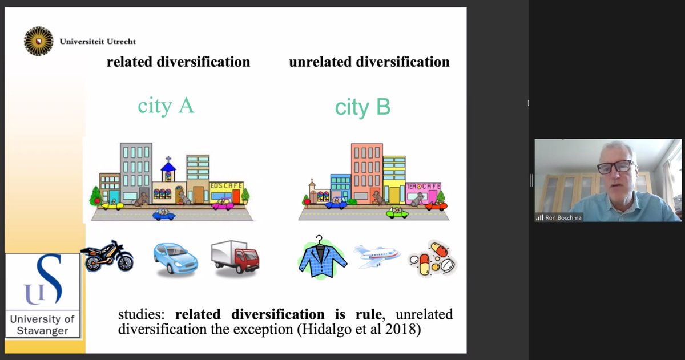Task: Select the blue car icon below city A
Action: coord(175,258)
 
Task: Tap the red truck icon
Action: coord(235,257)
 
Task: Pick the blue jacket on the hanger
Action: coord(322,258)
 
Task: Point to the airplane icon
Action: coord(376,256)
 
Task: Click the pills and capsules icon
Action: coord(432,258)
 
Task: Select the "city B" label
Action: coord(362,107)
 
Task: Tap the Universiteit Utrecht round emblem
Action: coord(38,42)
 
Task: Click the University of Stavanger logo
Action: coord(43,295)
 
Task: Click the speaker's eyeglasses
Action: coord(615,167)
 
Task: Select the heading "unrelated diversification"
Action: coord(369,62)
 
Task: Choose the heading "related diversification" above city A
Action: coord(178,62)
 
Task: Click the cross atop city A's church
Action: coord(168,158)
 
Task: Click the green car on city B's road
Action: coord(397,213)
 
